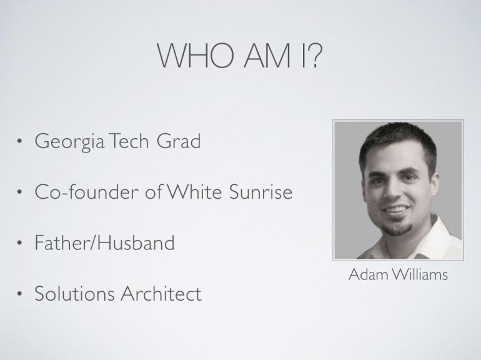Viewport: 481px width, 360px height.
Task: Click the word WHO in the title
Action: point(196,56)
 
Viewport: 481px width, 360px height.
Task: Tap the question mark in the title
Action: point(314,56)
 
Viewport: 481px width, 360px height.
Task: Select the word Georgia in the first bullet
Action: point(69,142)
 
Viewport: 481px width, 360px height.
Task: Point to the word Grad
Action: point(179,141)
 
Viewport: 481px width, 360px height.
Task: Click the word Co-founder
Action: point(86,192)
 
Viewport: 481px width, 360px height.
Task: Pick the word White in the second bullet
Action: point(194,192)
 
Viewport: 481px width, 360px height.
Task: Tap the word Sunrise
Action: point(260,192)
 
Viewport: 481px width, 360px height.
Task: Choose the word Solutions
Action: point(74,294)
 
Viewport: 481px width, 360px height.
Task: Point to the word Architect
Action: point(161,294)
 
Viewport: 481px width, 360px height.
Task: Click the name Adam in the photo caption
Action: point(369,274)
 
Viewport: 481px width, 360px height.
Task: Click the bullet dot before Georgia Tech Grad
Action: point(19,141)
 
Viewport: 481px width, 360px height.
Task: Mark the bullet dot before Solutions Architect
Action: point(19,294)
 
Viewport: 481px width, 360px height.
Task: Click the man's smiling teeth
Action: point(395,210)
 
